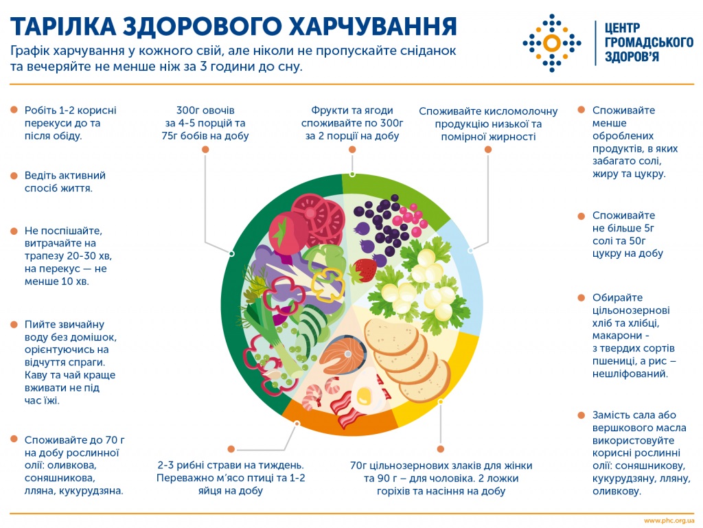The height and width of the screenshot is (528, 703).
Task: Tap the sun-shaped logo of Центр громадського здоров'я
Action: (551, 42)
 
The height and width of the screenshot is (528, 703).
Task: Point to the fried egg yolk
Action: (363, 396)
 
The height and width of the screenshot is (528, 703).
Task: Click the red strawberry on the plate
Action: (365, 270)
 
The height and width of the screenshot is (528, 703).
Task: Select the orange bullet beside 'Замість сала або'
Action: (581, 415)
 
